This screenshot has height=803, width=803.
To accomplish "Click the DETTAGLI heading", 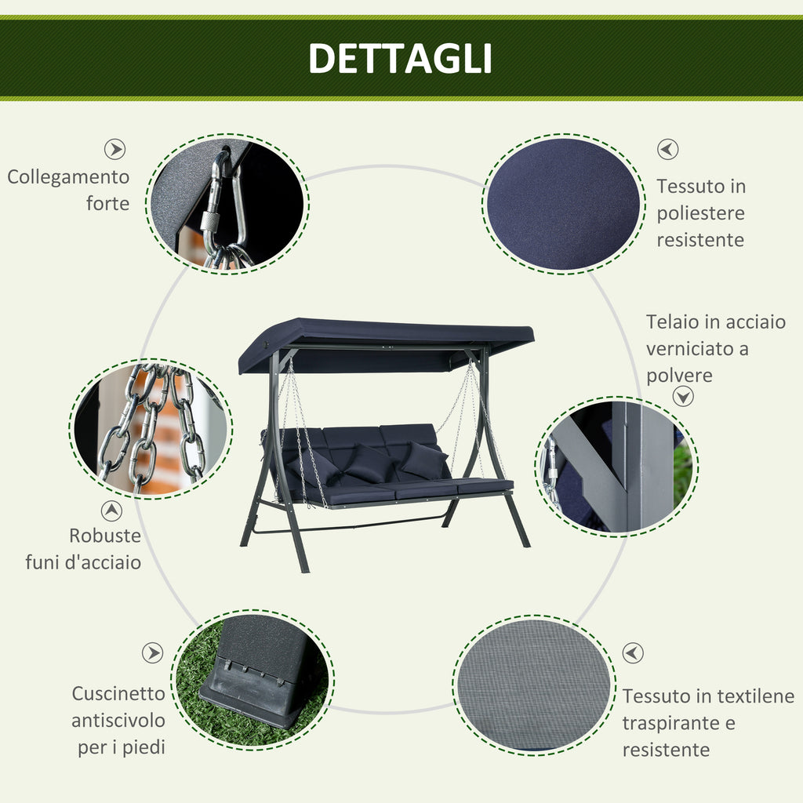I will pos(400,59).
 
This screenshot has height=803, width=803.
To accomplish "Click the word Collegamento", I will pos(68,177).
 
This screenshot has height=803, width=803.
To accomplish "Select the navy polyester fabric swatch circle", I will pos(562,203).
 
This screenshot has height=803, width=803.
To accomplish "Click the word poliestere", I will pos(700,213).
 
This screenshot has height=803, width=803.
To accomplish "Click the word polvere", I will pos(679,376).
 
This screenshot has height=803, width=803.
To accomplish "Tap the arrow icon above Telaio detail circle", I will pos(684,397).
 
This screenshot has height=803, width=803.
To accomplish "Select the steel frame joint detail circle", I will pos(616,467).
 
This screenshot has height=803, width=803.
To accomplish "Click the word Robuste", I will pos(105,536).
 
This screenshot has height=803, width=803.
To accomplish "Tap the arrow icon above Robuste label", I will pos(112,511).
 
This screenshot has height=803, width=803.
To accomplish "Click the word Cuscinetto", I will pos(118,694).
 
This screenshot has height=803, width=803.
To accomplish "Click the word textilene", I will pos(755,696).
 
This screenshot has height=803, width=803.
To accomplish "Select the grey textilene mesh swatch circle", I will pos(533,684).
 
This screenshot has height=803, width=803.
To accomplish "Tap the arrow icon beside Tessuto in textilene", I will pos(633,653).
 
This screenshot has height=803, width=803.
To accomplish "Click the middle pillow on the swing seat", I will pos(369,462).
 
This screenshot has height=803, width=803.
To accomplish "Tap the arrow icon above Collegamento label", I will pos(115,150).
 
